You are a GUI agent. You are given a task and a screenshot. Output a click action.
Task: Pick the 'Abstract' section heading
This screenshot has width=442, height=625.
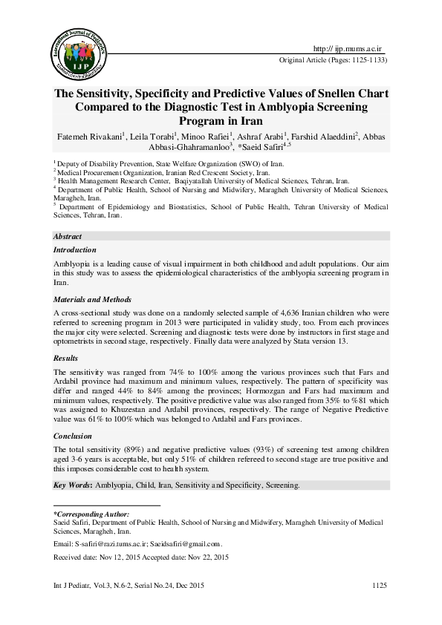coord(68,235)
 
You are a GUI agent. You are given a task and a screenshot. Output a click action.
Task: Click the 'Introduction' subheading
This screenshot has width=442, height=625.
coord(74,250)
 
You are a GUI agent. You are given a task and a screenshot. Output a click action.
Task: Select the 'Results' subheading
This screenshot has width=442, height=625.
coord(65,358)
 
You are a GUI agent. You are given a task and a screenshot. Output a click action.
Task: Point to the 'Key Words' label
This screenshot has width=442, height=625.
coord(72,485)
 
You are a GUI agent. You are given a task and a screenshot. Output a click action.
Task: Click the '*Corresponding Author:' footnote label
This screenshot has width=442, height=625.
coord(91,514)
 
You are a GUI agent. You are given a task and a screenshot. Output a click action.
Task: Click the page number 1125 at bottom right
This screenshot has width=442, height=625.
coord(380,586)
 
